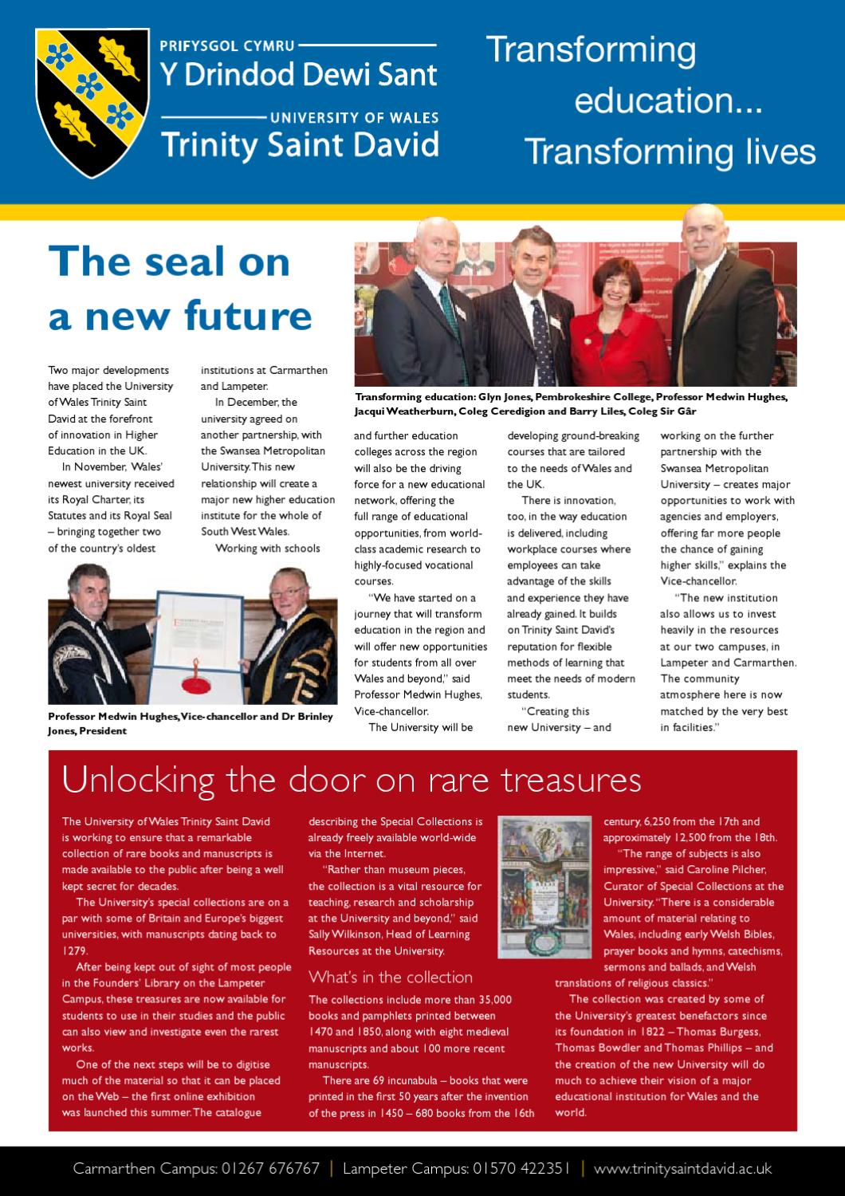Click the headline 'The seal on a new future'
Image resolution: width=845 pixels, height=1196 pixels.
[179, 289]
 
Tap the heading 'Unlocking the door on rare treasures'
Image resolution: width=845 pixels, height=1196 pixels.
[352, 780]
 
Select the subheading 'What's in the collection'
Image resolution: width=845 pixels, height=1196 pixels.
[391, 977]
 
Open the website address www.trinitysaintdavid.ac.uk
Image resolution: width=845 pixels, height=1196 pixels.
[683, 1169]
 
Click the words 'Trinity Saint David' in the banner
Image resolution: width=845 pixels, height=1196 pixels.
[301, 145]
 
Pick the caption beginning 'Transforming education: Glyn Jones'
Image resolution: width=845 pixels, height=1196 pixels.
[572, 404]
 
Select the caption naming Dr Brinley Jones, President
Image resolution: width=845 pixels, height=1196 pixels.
[191, 723]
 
